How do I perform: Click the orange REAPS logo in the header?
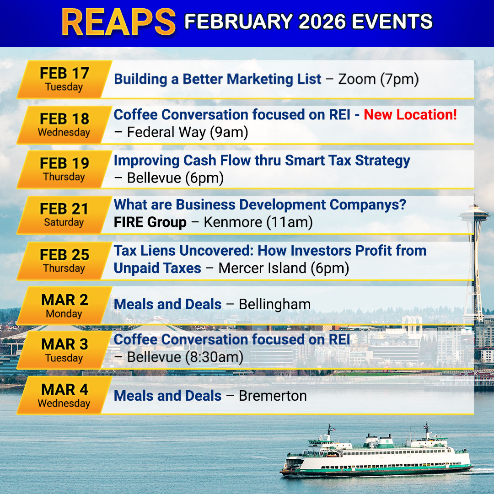click(x=118, y=22)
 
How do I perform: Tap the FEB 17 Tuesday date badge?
click(x=64, y=80)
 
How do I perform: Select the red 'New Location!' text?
click(x=410, y=115)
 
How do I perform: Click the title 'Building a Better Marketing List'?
click(x=217, y=79)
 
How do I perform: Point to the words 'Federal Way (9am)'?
click(x=188, y=132)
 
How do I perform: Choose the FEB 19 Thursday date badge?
click(x=64, y=170)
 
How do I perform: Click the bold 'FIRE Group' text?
click(x=150, y=222)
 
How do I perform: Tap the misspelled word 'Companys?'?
click(x=368, y=205)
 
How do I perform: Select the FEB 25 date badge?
click(x=64, y=261)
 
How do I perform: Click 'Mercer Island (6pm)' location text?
click(x=284, y=268)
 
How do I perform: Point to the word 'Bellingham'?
click(x=275, y=305)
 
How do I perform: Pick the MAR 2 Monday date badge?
click(x=64, y=306)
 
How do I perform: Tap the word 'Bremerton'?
click(x=273, y=396)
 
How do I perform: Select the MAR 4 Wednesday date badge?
click(x=64, y=395)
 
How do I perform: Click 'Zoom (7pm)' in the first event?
click(x=378, y=79)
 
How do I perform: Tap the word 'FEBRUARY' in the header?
click(x=239, y=21)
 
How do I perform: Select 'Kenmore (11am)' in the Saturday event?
click(x=258, y=222)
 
